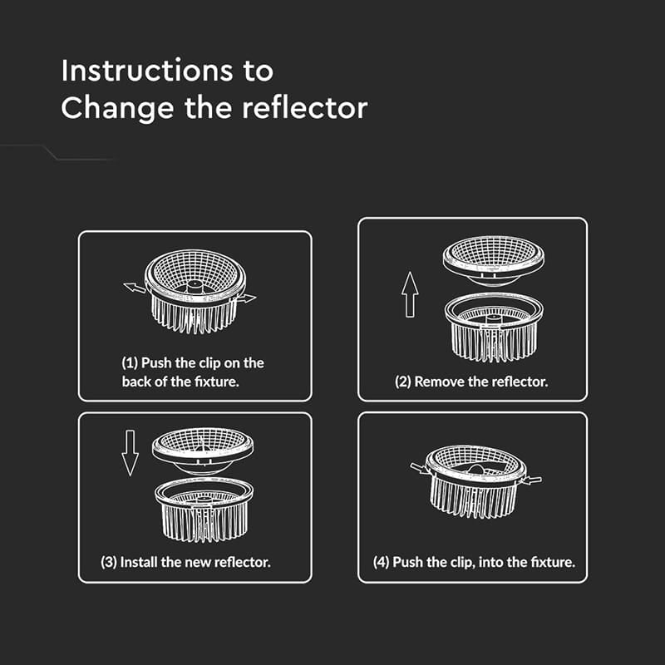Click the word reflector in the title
coord(304,108)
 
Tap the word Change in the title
coord(117,110)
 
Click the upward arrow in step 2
coord(410,294)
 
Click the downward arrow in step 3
coord(130,453)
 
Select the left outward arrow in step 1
coord(135,288)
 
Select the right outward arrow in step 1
coord(246,298)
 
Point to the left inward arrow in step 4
coord(420,468)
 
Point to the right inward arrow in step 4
coord(532,480)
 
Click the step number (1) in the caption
coord(130,363)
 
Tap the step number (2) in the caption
coord(403,382)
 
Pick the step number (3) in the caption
coord(109,563)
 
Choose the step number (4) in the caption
coord(382,563)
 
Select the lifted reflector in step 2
coord(494,260)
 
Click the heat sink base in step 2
coord(494,328)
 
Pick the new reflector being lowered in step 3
coord(203,451)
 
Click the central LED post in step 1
coord(195,286)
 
